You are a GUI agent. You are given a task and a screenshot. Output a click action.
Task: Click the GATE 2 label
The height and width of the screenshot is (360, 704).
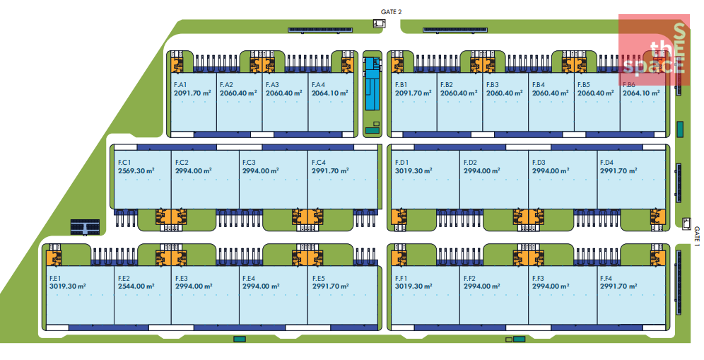tap(390, 11)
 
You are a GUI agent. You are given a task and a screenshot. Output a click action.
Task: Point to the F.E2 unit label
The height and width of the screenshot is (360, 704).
tap(124, 279)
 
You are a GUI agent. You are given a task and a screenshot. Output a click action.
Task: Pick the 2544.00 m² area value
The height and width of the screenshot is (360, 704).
tap(136, 286)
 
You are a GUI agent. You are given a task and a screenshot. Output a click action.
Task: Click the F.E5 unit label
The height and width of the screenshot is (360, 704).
tap(318, 279)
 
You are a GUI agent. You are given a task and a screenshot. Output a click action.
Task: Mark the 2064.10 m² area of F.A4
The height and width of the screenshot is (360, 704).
tap(329, 93)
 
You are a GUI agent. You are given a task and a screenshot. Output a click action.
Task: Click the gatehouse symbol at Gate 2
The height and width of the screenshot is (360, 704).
tap(380, 24)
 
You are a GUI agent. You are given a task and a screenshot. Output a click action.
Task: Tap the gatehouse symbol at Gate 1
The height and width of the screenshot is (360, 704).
tap(686, 223)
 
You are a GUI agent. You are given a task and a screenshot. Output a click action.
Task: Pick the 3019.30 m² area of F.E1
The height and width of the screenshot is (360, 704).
tap(67, 286)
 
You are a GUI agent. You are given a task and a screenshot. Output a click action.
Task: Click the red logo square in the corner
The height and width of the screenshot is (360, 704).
tap(654, 45)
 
